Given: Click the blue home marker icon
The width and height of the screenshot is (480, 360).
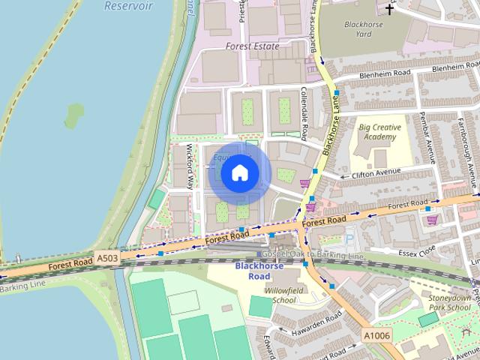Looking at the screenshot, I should coord(239,173).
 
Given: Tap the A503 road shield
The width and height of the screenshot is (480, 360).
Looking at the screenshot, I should coord(107,258).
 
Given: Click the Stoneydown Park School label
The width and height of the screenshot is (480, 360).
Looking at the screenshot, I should coord(449,302).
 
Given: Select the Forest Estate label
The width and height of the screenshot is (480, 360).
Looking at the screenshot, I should coord(252,46).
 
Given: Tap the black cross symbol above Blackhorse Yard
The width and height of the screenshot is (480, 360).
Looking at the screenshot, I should coord(389,9).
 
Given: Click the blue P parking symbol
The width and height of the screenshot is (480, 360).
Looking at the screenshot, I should coord(347,238).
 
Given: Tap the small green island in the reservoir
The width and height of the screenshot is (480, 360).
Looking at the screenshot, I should coord(74,115).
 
